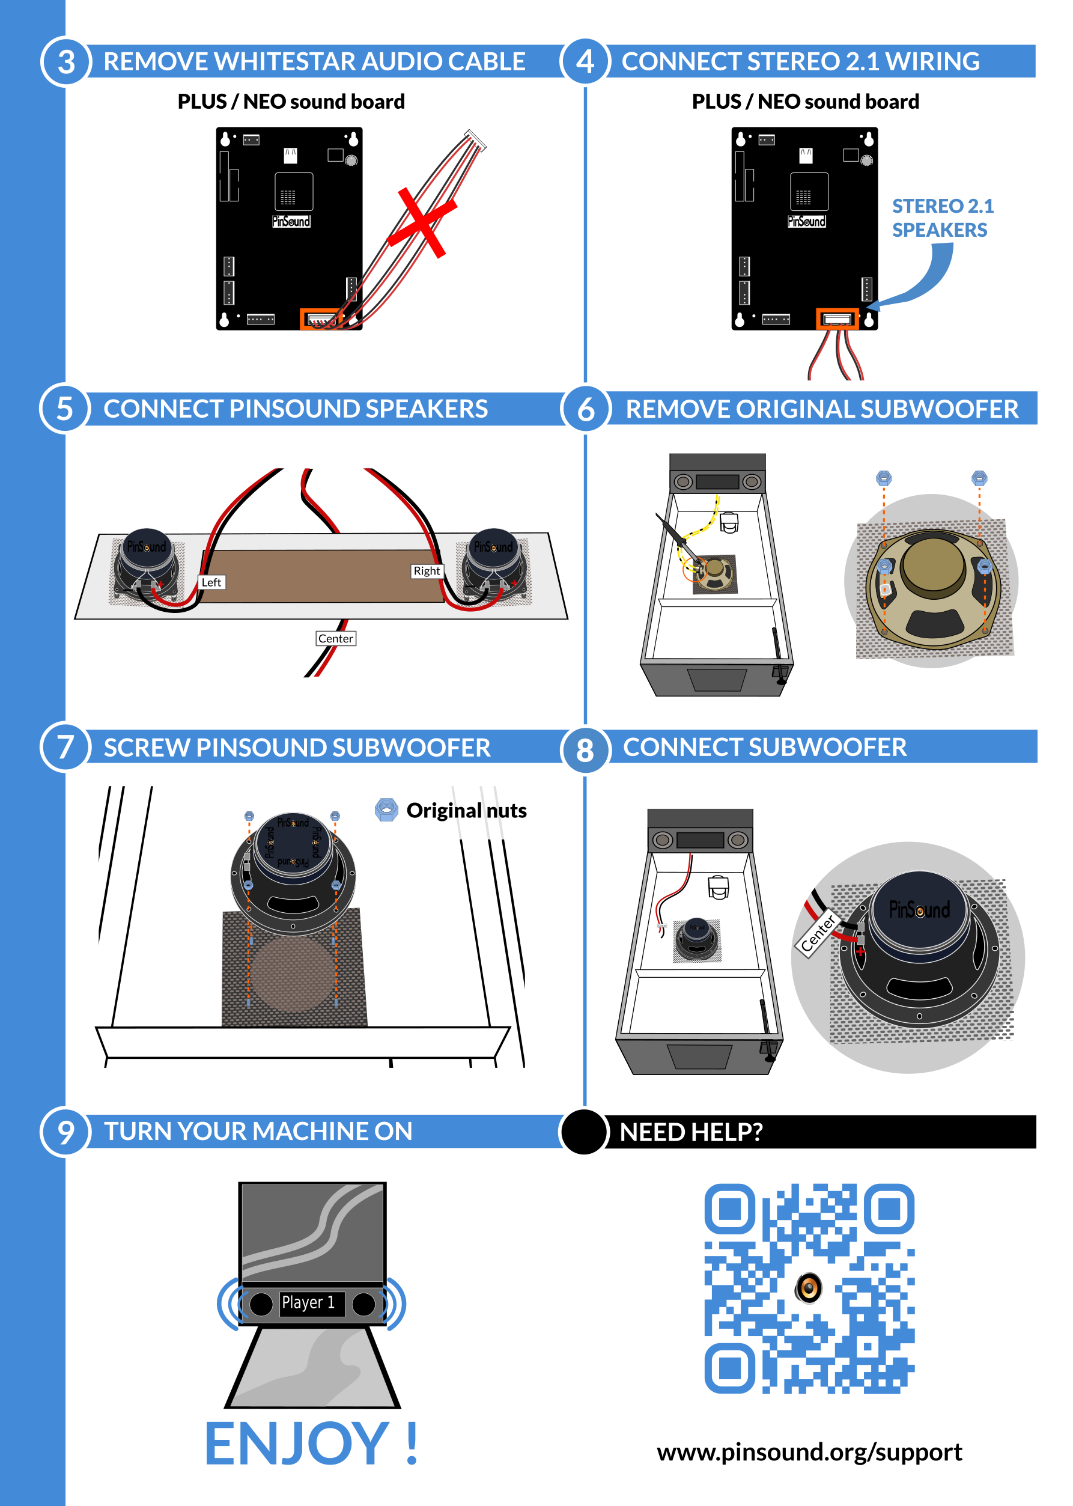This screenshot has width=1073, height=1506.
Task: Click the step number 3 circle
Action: click(x=65, y=61)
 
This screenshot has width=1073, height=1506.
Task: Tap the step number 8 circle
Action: click(x=585, y=750)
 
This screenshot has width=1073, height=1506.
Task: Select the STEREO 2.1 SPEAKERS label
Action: click(x=942, y=218)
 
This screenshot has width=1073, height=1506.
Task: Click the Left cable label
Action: click(x=211, y=582)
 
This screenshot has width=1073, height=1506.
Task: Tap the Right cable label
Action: click(x=427, y=571)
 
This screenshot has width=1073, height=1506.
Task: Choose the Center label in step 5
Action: click(x=336, y=638)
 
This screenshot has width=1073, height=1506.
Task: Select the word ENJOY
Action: click(x=297, y=1444)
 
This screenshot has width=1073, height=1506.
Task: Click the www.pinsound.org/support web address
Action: click(x=809, y=1453)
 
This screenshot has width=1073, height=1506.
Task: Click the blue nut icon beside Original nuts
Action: click(x=386, y=809)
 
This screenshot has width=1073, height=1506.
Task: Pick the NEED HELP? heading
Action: click(x=691, y=1132)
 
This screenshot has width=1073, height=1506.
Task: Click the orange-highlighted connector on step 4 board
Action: click(x=837, y=319)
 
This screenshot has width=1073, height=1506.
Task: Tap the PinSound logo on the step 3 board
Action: click(x=291, y=221)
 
